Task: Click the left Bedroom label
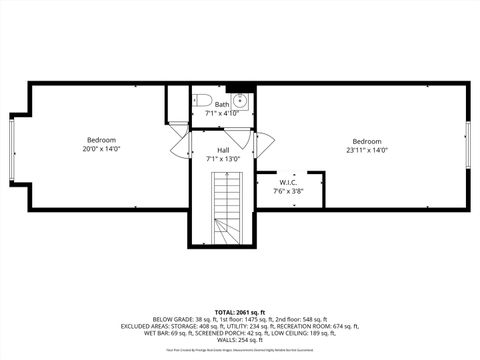click(x=101, y=139)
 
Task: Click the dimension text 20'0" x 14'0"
click(x=101, y=149)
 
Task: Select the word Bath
click(x=221, y=104)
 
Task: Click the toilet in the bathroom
click(x=200, y=100)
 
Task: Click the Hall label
click(x=223, y=150)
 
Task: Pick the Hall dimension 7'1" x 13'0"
click(x=223, y=159)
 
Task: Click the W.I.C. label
click(x=288, y=183)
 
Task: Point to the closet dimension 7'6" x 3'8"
click(x=288, y=192)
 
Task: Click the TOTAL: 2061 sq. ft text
click(x=240, y=312)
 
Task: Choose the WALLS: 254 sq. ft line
click(x=240, y=340)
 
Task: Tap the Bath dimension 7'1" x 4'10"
click(x=221, y=113)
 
